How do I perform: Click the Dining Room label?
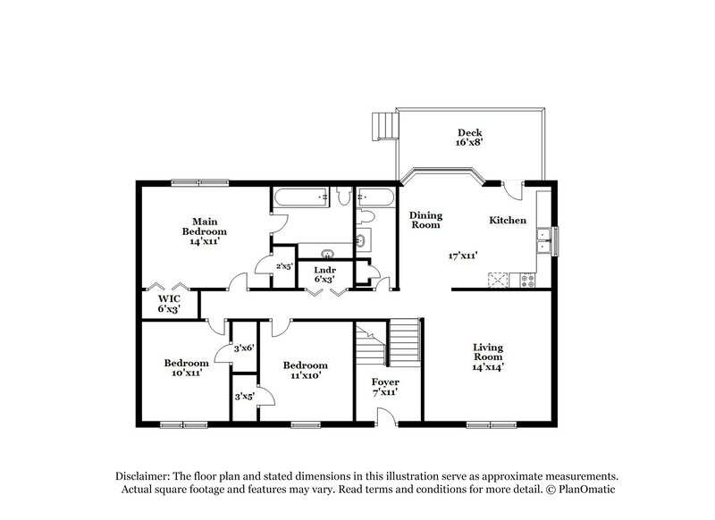click(425, 220)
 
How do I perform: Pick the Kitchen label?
click(507, 221)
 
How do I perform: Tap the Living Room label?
click(490, 357)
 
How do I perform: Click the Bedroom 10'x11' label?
click(186, 367)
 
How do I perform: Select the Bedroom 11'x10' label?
click(305, 370)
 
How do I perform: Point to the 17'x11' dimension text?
click(463, 256)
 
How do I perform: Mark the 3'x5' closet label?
click(244, 394)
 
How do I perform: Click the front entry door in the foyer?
click(385, 416)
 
